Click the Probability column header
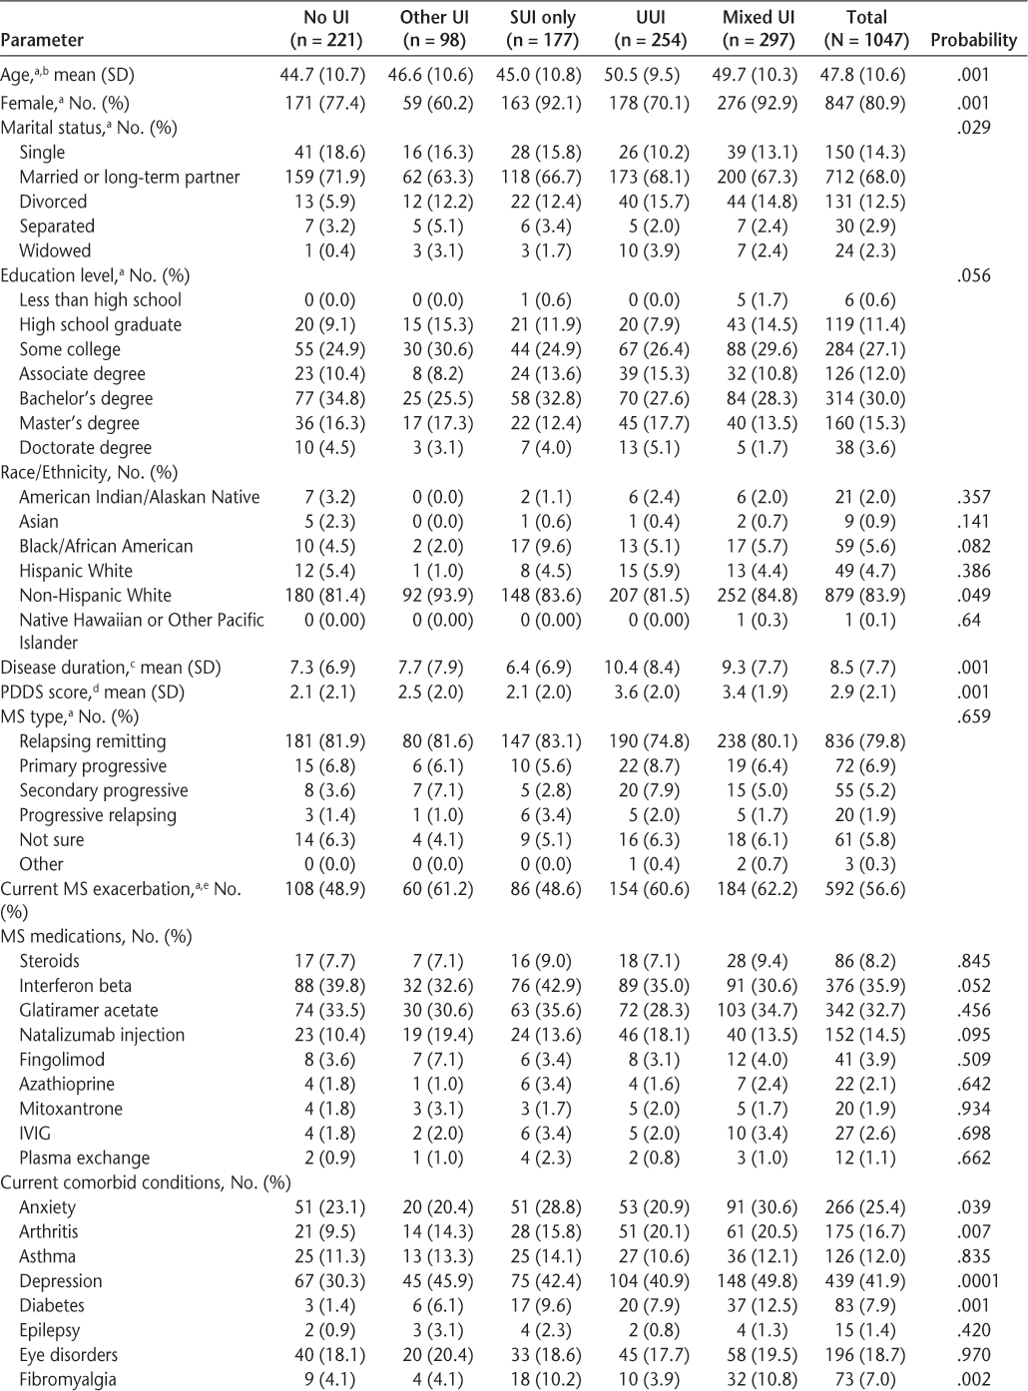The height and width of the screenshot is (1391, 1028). [x=973, y=40]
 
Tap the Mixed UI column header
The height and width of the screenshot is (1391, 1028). [x=759, y=29]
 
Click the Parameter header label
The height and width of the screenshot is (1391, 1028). [x=42, y=40]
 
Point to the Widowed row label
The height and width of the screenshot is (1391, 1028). [x=55, y=250]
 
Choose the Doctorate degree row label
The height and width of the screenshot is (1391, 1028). [x=86, y=448]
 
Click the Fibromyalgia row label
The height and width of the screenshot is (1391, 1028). [x=68, y=1379]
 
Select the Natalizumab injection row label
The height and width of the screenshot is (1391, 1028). [x=102, y=1035]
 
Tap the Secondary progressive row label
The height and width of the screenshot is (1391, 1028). [x=104, y=790]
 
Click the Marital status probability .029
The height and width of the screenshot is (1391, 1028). [x=973, y=127]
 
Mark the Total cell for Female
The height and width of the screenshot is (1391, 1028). [x=866, y=102]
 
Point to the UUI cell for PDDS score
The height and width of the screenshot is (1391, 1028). [x=649, y=692]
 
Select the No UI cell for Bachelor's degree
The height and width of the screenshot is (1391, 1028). [x=322, y=398]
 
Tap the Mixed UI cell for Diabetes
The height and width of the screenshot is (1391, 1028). [x=759, y=1305]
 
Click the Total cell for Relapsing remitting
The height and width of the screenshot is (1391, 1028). [x=866, y=740]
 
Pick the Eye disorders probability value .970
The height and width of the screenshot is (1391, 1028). [x=973, y=1354]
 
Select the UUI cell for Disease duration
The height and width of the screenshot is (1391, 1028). [x=649, y=667]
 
